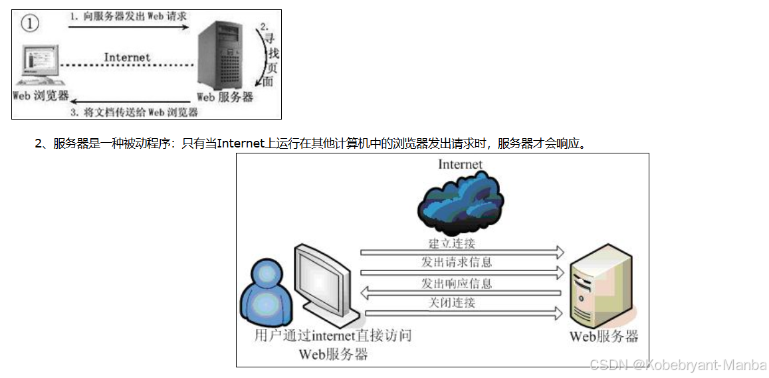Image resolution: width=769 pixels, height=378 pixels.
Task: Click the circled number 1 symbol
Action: pos(30,24)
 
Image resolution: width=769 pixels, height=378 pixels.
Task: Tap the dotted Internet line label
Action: pos(127,58)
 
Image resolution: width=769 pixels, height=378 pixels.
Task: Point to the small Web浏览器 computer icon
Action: pos(39,66)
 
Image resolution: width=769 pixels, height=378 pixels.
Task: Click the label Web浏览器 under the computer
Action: pos(41,96)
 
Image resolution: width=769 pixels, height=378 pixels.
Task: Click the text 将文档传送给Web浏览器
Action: pos(144,112)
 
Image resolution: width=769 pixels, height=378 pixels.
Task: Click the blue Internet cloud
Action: pos(461,197)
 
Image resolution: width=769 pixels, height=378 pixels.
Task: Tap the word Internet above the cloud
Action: pos(460,164)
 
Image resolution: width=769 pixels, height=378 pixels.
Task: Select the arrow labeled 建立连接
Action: pos(462,252)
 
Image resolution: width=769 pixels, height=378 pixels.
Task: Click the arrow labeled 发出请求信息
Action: pos(462,272)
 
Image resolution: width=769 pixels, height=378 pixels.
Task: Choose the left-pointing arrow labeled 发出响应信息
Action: pos(462,293)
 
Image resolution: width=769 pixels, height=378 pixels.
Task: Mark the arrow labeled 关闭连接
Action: pos(462,312)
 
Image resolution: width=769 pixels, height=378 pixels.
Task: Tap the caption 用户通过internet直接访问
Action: pos(332,335)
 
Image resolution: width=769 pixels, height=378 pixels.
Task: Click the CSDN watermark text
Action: pos(678,365)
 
